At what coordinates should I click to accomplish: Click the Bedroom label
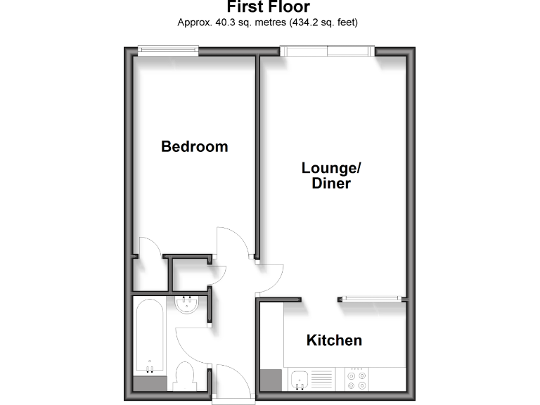(x=195, y=147)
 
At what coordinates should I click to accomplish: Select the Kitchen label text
(x=334, y=341)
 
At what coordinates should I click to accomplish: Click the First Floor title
(x=269, y=8)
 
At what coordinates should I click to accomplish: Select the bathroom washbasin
(x=188, y=306)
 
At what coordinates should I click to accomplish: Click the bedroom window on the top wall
(x=167, y=50)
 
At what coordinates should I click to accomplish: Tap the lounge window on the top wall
(x=327, y=50)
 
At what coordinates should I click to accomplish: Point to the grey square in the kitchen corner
(x=270, y=380)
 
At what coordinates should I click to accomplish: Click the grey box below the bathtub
(x=149, y=385)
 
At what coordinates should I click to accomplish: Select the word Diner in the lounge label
(x=331, y=184)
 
